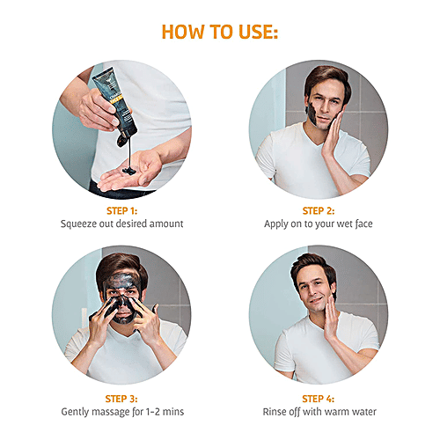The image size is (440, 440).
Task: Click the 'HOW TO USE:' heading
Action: [x=220, y=32]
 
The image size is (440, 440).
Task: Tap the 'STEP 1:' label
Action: [x=121, y=211]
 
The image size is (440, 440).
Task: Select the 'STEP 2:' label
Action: [x=319, y=211]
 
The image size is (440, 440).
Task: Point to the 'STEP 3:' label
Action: [x=121, y=399]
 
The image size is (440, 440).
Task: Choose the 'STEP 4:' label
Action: [x=319, y=399]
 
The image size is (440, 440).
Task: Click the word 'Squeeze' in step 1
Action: [x=79, y=224]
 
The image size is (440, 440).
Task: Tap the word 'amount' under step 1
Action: [x=166, y=224]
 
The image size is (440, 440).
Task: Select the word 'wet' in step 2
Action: [x=344, y=224]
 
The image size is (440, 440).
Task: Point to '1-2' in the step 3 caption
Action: [x=153, y=412]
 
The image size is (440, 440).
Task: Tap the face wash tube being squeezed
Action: [x=116, y=104]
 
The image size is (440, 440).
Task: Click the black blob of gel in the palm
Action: [x=129, y=171]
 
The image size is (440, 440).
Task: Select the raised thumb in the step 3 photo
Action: [x=155, y=310]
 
